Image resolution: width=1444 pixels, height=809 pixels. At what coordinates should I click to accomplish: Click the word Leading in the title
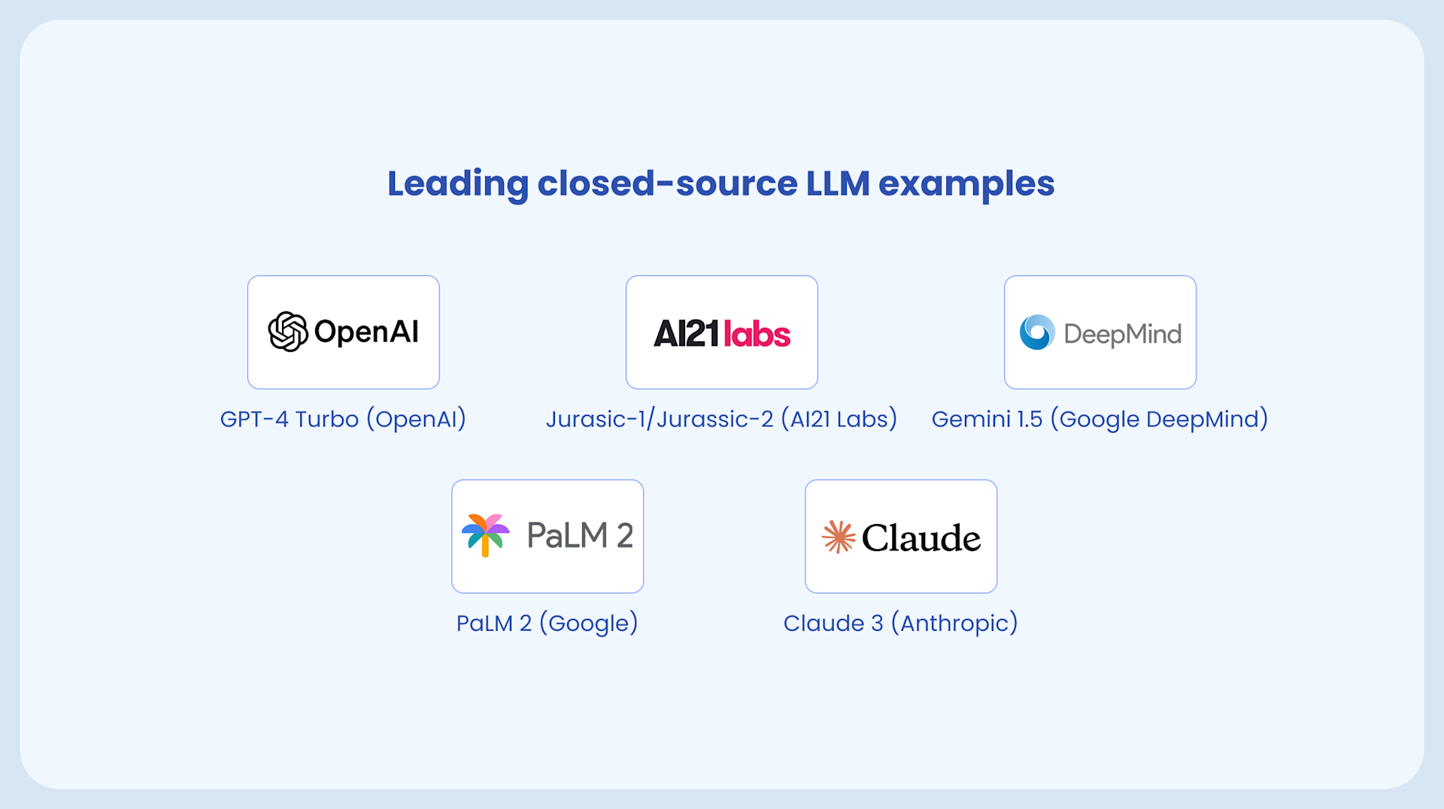point(458,184)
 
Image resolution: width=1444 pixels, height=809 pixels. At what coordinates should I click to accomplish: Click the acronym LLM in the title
point(838,184)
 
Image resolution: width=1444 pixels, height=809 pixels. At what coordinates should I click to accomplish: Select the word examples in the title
point(966,184)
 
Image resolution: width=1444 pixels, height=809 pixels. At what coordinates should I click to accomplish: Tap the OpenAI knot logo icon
point(288,332)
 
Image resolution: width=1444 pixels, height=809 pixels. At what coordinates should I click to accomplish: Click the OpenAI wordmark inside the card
point(366,332)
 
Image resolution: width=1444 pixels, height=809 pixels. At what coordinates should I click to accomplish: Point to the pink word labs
point(757,334)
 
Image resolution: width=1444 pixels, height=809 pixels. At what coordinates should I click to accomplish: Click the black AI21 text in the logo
point(686,334)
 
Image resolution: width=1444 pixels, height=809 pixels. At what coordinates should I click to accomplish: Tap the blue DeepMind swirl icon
point(1037,332)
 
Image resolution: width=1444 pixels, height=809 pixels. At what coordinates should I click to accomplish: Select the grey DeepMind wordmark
point(1122,334)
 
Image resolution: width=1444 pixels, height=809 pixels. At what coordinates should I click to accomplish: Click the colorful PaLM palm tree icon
point(485,535)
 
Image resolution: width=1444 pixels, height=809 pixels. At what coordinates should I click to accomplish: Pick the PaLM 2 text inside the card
point(580,535)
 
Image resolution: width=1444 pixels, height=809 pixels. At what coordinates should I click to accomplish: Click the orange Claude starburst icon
point(839,537)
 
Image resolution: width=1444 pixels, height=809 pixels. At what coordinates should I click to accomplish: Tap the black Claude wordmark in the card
point(921,538)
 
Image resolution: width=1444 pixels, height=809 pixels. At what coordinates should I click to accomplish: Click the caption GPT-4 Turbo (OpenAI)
point(343,419)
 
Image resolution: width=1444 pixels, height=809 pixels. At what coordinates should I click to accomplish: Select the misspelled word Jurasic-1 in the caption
point(598,419)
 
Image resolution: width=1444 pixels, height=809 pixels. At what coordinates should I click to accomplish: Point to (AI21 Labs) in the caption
point(839,419)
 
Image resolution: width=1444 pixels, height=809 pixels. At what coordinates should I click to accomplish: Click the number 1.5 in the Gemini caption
point(1030,419)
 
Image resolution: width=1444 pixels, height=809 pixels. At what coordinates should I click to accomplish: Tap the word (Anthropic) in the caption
point(954,623)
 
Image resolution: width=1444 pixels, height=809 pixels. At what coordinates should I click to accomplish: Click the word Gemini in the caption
point(971,419)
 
